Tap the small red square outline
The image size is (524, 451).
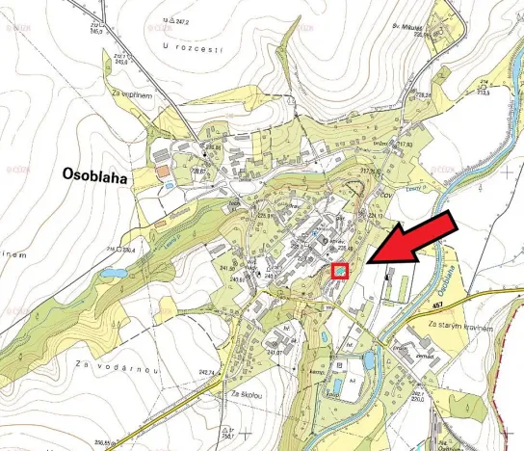tap(339, 272)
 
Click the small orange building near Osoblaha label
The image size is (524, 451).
tap(162, 171)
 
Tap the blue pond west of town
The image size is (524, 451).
tap(114, 274)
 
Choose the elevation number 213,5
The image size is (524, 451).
tap(485, 93)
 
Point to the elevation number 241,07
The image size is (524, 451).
tap(274, 352)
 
